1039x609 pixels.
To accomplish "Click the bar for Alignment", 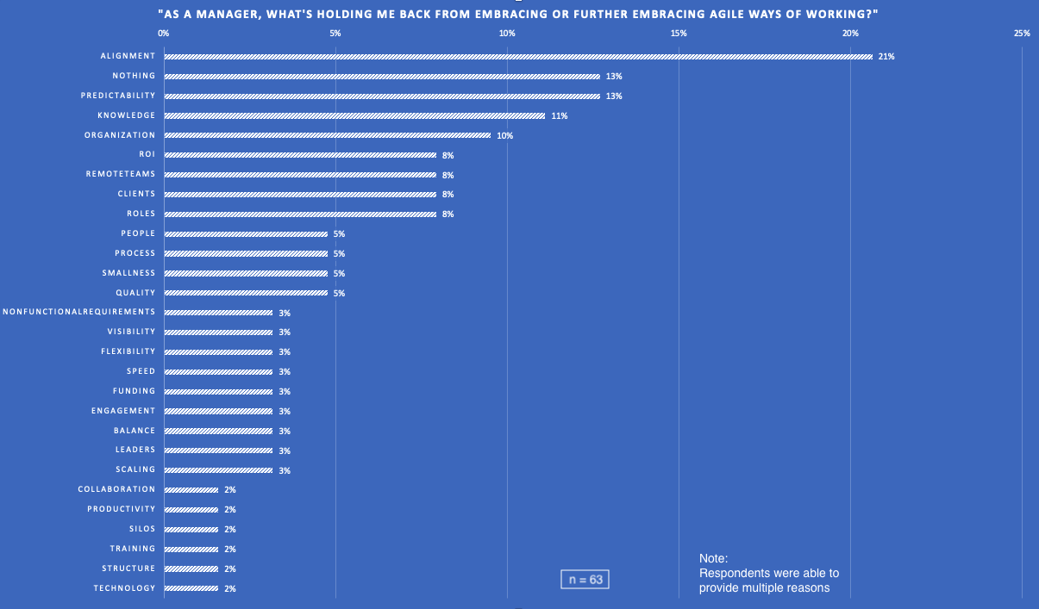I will click(x=517, y=57).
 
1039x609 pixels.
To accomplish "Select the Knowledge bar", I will click(x=354, y=115).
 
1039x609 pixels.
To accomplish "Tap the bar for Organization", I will click(x=327, y=135).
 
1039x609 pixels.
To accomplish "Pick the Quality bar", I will click(x=246, y=293).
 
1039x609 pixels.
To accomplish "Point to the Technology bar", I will click(x=191, y=588).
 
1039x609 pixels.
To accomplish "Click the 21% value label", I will click(x=886, y=57).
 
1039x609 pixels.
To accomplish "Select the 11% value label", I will click(x=559, y=115).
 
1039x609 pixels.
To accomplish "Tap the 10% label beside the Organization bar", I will click(x=504, y=135).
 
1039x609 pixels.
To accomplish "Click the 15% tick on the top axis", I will click(x=679, y=33).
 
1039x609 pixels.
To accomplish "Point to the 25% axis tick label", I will click(x=1022, y=33).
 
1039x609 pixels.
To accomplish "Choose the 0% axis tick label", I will click(x=164, y=33).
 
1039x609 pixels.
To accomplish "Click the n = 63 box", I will click(x=585, y=580).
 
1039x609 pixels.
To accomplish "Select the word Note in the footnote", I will click(x=713, y=558).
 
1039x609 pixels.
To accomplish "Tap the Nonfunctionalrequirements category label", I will click(x=79, y=312).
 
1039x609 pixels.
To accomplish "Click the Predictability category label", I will click(x=118, y=96).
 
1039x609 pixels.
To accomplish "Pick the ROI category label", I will click(x=147, y=154).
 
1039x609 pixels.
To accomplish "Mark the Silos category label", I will click(x=142, y=529).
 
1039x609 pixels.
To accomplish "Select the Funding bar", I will click(x=218, y=391).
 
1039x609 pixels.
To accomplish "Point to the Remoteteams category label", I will click(x=121, y=174).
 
